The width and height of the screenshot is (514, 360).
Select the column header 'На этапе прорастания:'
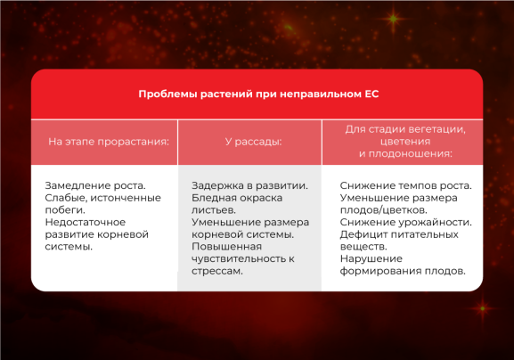[108, 141]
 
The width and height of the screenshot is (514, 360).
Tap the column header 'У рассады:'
[253, 141]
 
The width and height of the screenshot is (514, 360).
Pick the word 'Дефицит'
[362, 234]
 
